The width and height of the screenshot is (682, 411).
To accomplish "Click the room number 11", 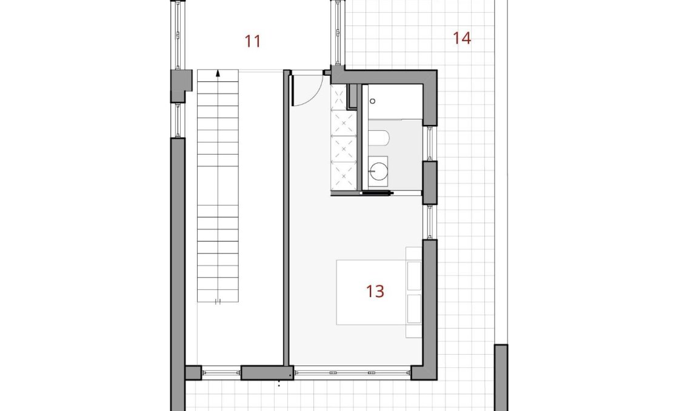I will click(253, 41).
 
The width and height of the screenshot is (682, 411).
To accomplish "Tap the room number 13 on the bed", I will click(375, 291).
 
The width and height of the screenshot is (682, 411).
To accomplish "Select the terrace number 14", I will click(461, 38).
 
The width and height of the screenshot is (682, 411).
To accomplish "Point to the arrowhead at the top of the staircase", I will click(218, 73).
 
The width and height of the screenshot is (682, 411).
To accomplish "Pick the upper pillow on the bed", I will click(414, 276).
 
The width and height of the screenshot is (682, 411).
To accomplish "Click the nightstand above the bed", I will click(413, 253).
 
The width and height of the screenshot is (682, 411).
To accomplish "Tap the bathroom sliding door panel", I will click(376, 193).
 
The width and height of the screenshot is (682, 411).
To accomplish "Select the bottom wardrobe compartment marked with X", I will click(342, 176).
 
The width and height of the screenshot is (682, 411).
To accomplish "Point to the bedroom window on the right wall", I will click(430, 222).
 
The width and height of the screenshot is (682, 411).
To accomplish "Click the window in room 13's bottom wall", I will click(352, 372).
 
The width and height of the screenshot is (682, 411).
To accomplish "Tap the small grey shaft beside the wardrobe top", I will click(353, 96).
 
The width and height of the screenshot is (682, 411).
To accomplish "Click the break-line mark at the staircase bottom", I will click(218, 301).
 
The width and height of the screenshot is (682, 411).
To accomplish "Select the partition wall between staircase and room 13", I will click(286, 218).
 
